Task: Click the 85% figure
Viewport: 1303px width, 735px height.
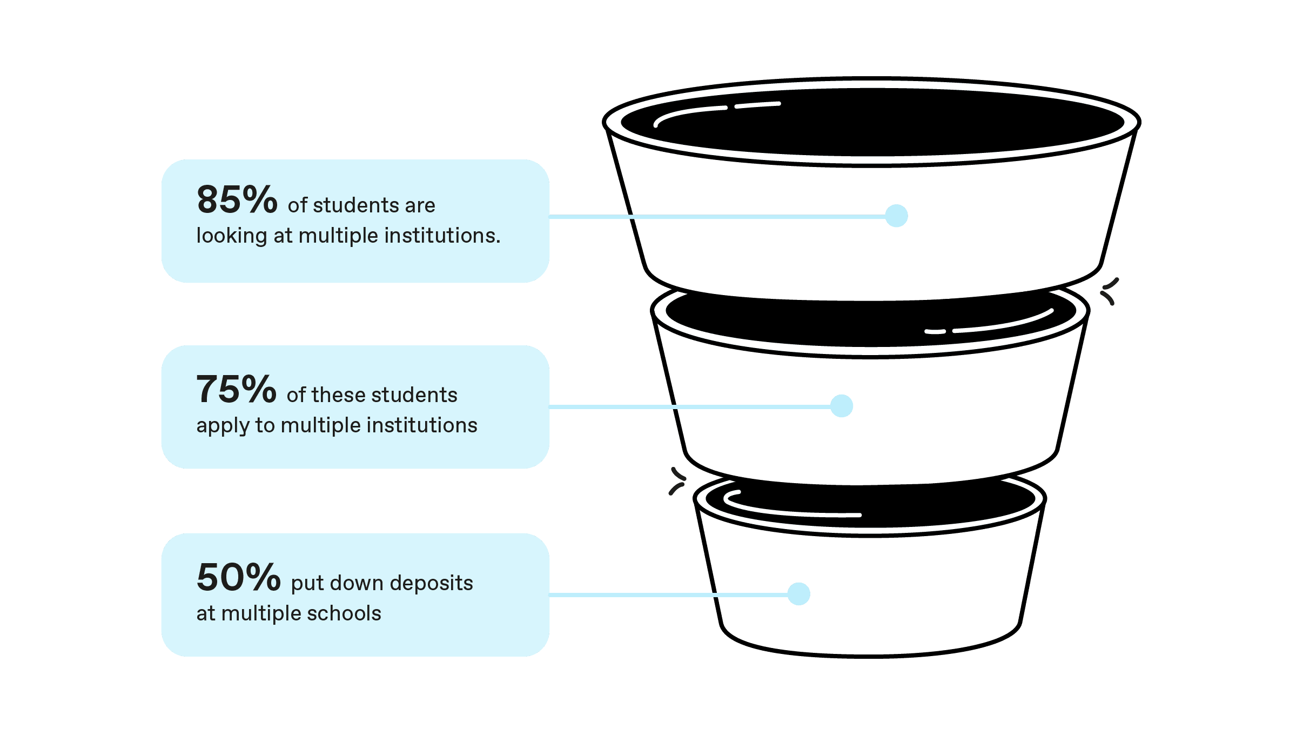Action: [237, 200]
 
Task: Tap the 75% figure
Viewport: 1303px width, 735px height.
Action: [236, 390]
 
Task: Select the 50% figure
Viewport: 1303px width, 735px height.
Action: [238, 578]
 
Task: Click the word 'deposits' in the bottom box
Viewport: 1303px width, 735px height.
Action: [431, 583]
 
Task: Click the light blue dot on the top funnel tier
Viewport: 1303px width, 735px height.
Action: [896, 216]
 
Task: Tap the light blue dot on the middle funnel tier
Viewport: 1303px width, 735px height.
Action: [841, 406]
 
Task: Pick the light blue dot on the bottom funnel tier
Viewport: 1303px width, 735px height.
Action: [798, 594]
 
